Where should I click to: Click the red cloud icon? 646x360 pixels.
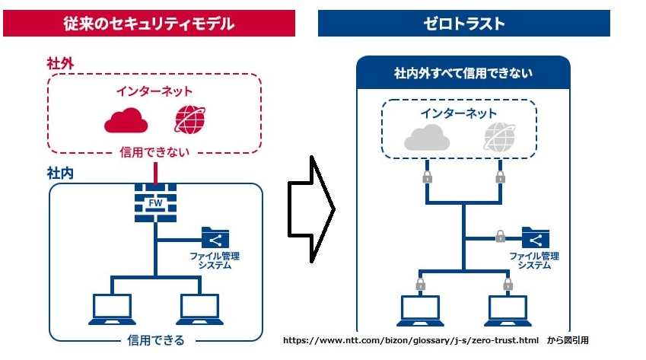point(126,120)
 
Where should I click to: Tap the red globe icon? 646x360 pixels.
point(190,119)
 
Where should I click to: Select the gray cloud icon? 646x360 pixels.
point(427,137)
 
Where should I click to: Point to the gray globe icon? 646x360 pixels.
point(500,137)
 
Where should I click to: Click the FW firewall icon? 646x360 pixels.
point(156,202)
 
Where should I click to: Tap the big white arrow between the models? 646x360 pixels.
point(311,209)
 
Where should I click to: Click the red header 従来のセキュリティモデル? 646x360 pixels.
point(149,24)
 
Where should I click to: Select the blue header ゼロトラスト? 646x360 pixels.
point(464,24)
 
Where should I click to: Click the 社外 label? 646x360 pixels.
point(60,64)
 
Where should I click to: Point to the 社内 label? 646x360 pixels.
point(60,173)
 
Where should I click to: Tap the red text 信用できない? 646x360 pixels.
point(154,152)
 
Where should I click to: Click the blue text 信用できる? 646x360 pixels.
point(156,340)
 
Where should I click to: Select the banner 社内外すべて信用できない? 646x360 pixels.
point(463,73)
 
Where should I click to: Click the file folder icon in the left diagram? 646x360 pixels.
point(215,238)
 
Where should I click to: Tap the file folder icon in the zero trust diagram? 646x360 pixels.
point(535,238)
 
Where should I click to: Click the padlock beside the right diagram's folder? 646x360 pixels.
point(500,236)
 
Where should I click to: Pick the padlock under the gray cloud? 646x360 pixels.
point(427,177)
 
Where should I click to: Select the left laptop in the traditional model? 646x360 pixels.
point(112,309)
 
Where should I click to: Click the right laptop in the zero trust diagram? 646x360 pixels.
point(508,311)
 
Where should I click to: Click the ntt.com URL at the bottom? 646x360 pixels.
point(411,340)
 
